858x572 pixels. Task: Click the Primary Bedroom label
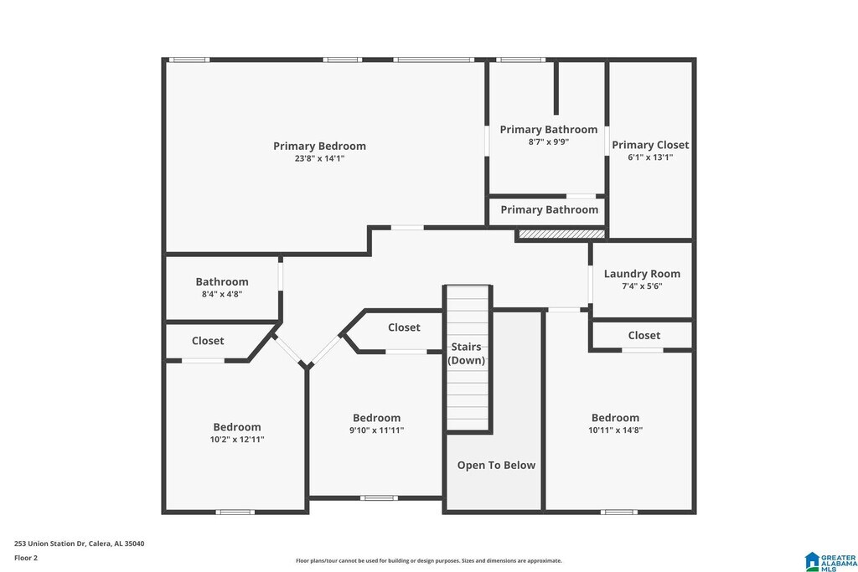tap(319, 146)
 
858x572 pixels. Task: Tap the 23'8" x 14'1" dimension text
tap(319, 158)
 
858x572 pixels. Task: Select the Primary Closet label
tap(650, 145)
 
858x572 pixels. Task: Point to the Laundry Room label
tap(642, 274)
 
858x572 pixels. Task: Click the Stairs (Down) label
tap(468, 353)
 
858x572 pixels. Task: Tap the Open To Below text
tap(496, 465)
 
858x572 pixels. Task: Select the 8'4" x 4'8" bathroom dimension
tap(222, 294)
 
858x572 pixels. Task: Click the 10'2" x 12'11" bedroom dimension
tap(237, 439)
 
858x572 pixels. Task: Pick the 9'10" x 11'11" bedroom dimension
tap(376, 430)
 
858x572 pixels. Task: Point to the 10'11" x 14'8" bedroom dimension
tap(615, 430)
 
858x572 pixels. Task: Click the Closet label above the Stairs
tap(404, 327)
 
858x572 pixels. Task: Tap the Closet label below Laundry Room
tap(643, 335)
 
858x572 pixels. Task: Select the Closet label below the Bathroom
tap(208, 341)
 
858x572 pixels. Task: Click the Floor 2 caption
tap(26, 557)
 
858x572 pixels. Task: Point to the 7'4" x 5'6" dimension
tap(642, 286)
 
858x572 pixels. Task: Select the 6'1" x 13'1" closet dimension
tap(650, 157)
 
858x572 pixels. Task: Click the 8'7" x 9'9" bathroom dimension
tap(549, 142)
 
